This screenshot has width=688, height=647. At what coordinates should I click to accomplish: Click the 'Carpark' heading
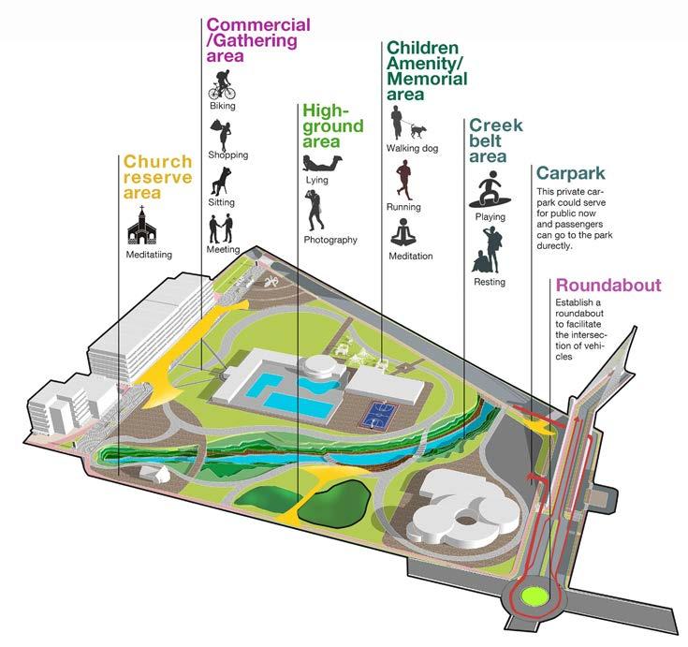click(x=570, y=173)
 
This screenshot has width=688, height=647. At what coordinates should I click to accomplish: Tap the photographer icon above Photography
click(x=316, y=210)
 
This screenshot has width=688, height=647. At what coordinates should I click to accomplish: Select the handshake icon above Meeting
click(x=222, y=227)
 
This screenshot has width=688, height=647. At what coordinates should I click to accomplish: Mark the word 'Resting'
click(x=490, y=282)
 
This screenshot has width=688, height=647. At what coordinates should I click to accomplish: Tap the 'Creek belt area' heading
click(x=495, y=140)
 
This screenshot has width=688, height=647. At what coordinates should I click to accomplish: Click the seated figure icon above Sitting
click(x=221, y=180)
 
